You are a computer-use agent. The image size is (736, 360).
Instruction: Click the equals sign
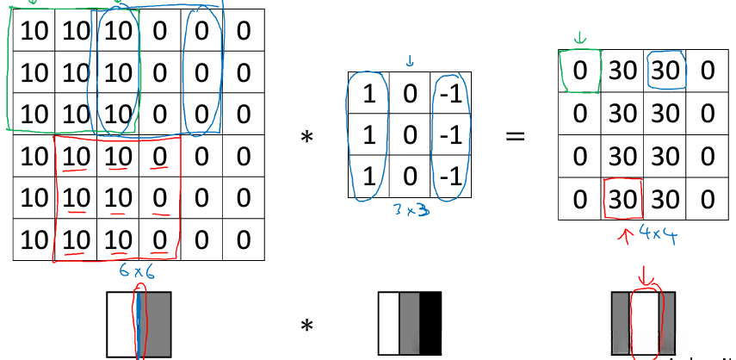pyautogui.click(x=515, y=136)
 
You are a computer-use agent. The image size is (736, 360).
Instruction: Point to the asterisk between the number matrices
pyautogui.click(x=306, y=137)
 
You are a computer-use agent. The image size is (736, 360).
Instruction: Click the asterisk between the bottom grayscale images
pyautogui.click(x=306, y=326)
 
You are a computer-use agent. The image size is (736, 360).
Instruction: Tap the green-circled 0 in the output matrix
pyautogui.click(x=580, y=71)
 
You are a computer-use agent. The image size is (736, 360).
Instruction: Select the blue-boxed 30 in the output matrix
pyautogui.click(x=664, y=71)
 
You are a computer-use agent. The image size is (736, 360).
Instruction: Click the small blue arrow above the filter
pyautogui.click(x=410, y=60)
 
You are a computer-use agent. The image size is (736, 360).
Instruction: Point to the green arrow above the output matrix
pyautogui.click(x=579, y=38)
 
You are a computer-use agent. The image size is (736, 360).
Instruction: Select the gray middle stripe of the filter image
pyautogui.click(x=410, y=324)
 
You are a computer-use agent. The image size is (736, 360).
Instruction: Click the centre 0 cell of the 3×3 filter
pyautogui.click(x=410, y=135)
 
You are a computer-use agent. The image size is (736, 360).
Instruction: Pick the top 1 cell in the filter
pyautogui.click(x=368, y=93)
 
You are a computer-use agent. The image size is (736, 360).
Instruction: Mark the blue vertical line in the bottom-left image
pyautogui.click(x=139, y=324)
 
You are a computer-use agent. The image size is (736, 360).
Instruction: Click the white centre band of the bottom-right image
pyautogui.click(x=645, y=324)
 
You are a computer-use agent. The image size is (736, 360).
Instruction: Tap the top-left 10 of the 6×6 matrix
pyautogui.click(x=32, y=33)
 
